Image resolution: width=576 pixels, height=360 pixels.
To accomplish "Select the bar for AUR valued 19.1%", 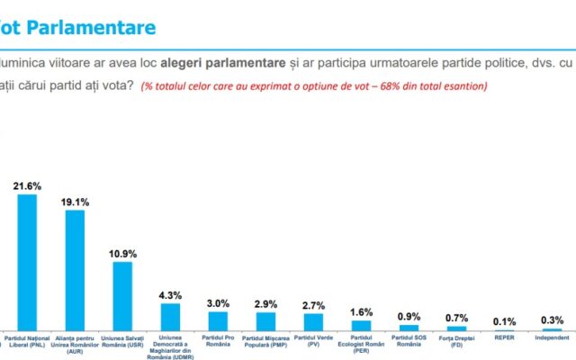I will (x=75, y=271).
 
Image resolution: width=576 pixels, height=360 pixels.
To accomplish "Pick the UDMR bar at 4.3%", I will (x=171, y=318).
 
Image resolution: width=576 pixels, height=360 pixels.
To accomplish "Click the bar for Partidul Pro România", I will (x=218, y=321).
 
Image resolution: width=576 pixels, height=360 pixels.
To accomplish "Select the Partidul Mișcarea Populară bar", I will (x=266, y=322).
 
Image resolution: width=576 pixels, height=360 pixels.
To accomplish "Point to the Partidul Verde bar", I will (x=314, y=322).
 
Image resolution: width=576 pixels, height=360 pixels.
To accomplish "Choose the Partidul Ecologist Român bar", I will (x=362, y=326).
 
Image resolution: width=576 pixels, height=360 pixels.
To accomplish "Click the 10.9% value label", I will (x=123, y=253).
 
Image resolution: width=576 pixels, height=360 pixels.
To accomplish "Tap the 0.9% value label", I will (x=409, y=317).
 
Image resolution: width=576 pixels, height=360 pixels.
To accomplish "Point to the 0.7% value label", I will (x=457, y=318).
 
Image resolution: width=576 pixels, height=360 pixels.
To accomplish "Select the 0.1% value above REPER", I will (x=505, y=319).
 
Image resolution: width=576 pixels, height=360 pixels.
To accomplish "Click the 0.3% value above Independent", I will (x=553, y=319).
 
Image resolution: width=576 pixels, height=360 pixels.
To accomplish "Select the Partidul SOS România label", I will (x=409, y=343).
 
